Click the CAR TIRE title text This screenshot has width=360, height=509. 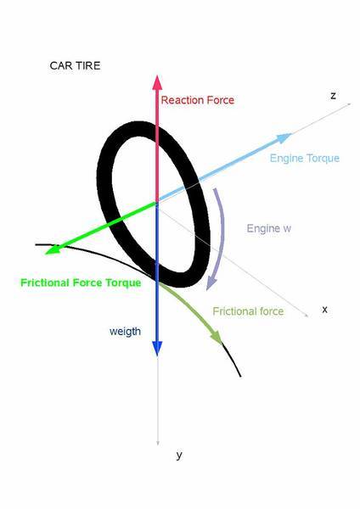[x=75, y=65]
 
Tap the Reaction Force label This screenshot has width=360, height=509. [x=198, y=100]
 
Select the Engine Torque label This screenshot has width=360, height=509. [x=305, y=158]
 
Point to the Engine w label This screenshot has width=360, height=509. [x=268, y=228]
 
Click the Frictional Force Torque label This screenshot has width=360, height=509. [x=81, y=282]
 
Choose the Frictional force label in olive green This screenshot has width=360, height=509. [x=248, y=311]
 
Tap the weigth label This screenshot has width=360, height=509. [x=125, y=332]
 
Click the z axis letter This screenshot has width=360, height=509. [x=333, y=96]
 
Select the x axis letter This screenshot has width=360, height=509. [x=324, y=310]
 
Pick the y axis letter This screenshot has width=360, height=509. [x=179, y=455]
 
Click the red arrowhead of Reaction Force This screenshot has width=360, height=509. [x=157, y=82]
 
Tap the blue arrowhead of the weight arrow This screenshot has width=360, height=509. [x=157, y=349]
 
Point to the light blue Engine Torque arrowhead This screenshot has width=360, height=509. [x=284, y=137]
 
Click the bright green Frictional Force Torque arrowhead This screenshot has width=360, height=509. [x=53, y=249]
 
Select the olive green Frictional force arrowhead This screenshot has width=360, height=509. [x=217, y=338]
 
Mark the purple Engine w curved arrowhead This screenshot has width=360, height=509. [x=211, y=282]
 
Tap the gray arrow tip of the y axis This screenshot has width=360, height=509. [x=158, y=444]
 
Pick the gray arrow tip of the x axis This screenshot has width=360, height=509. [x=307, y=315]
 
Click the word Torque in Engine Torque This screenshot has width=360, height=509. [x=323, y=158]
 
